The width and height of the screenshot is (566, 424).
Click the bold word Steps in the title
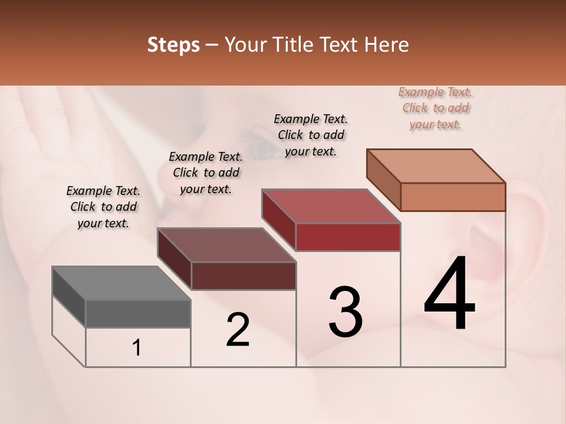[173, 45]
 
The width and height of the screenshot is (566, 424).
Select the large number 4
[449, 294]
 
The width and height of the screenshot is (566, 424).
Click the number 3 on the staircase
[345, 312]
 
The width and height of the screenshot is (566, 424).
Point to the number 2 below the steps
[238, 330]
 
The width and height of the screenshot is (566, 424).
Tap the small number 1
[137, 348]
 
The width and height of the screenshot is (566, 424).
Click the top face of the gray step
[121, 283]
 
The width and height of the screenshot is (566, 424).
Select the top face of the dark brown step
[226, 245]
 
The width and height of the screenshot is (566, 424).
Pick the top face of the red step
[331, 206]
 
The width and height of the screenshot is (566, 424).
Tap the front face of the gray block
[138, 313]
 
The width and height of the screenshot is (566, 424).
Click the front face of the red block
[348, 237]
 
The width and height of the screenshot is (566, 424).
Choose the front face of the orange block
[453, 197]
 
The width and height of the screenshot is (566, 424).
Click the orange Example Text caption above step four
[435, 108]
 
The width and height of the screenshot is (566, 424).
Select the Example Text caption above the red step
[311, 135]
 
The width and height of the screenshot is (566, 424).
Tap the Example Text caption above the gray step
[103, 207]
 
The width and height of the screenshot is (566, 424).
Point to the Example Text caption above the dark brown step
[206, 173]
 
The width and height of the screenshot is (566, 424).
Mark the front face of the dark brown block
[243, 276]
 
